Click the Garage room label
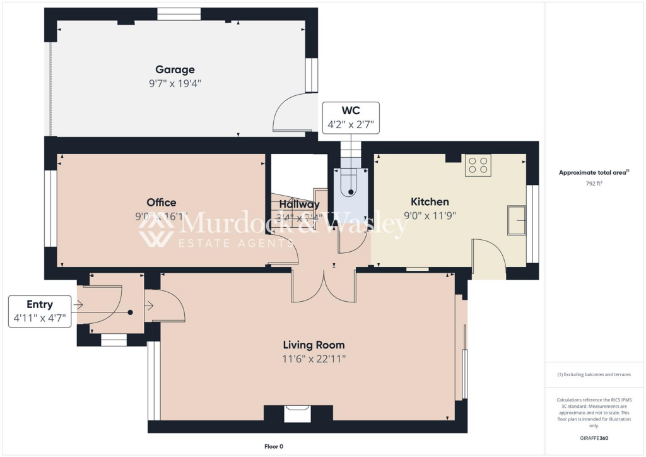tap(175, 69)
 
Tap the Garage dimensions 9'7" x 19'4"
tap(175, 83)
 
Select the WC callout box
tap(351, 118)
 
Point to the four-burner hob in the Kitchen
tap(478, 165)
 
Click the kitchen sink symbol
tap(517, 220)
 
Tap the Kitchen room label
tap(430, 202)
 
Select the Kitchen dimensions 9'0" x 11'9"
tap(430, 215)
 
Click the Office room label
tap(161, 203)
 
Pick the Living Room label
tap(314, 345)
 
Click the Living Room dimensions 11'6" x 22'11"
tap(314, 359)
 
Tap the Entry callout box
tap(40, 311)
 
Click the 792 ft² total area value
tap(594, 184)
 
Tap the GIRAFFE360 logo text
tap(594, 438)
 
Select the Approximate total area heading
tap(594, 172)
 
